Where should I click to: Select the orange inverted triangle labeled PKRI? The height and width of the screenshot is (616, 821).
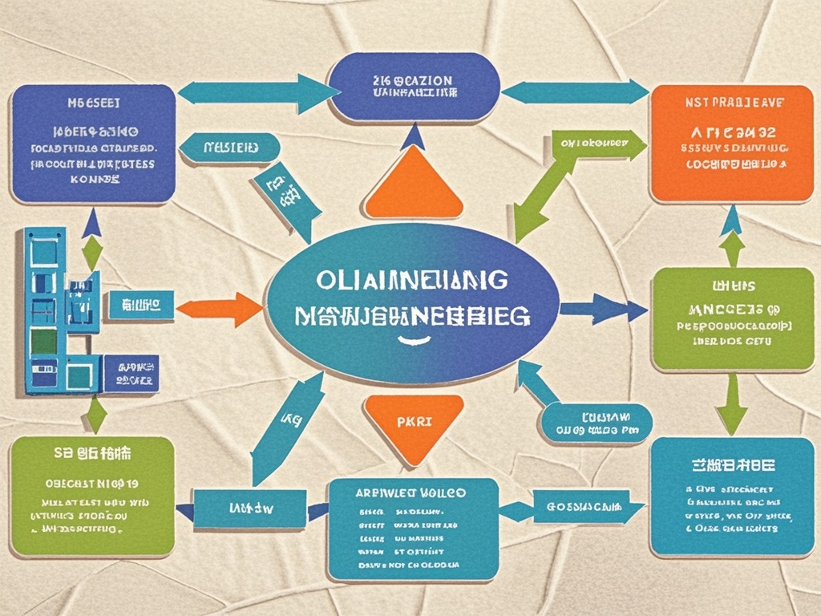click(x=414, y=422)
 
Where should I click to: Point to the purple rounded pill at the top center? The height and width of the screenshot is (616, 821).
click(x=414, y=87)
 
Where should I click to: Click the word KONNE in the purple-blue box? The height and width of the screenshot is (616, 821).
click(x=94, y=180)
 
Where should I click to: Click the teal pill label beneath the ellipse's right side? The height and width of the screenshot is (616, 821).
click(x=594, y=423)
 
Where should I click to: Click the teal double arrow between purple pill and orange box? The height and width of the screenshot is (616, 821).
click(x=574, y=91)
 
